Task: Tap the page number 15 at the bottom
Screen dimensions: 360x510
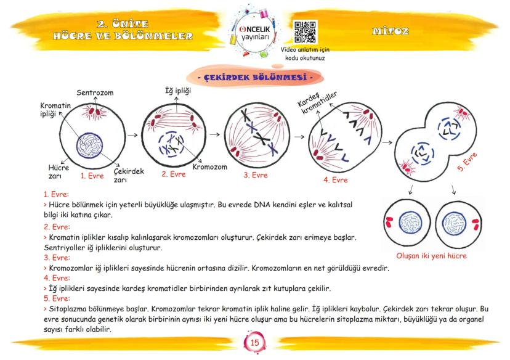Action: point(255,343)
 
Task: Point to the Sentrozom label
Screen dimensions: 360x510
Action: point(95,92)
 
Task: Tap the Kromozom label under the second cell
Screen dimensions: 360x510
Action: point(209,167)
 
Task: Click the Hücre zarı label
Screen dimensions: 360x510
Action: point(59,171)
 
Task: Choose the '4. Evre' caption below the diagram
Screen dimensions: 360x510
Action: point(335,180)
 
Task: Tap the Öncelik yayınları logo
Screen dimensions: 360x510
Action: point(253,31)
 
